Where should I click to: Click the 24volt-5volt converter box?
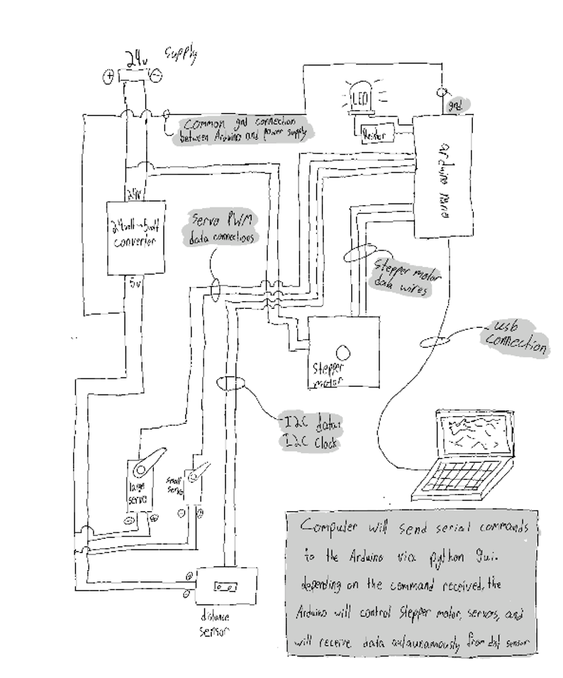(x=135, y=237)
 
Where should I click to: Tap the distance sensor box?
(x=227, y=587)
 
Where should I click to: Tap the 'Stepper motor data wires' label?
(x=402, y=274)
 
